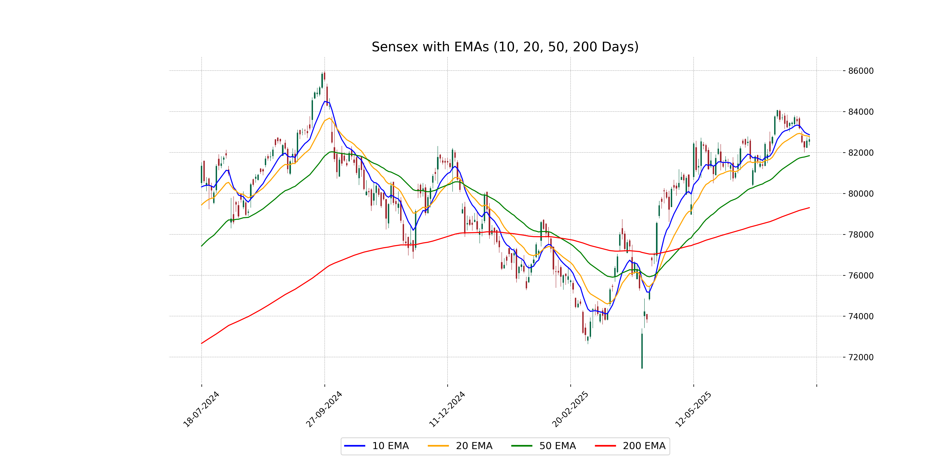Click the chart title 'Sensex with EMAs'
pyautogui.click(x=505, y=47)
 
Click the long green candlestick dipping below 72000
pyautogui.click(x=642, y=351)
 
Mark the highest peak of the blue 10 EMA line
pyautogui.click(x=325, y=101)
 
